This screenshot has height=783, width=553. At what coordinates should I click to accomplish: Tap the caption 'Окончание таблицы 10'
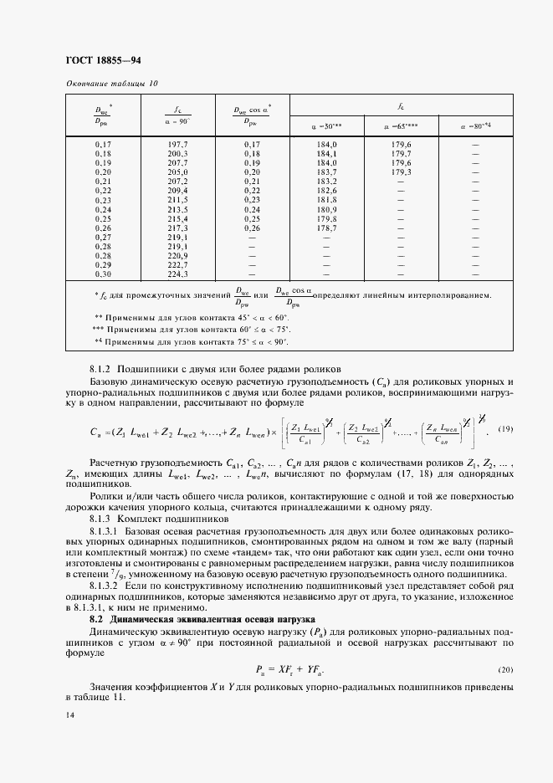pyautogui.click(x=110, y=84)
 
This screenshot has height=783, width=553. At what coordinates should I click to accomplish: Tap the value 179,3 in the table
pyautogui.click(x=399, y=172)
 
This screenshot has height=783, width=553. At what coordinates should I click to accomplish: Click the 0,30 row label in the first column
pyautogui.click(x=104, y=274)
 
